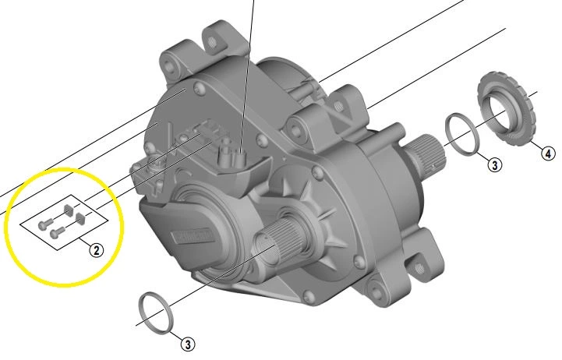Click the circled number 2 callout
pos(95,250)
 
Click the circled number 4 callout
pos(548,154)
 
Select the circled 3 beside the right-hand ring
pos(495,164)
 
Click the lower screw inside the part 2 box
pos(56,231)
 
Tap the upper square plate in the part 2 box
pos(69,208)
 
